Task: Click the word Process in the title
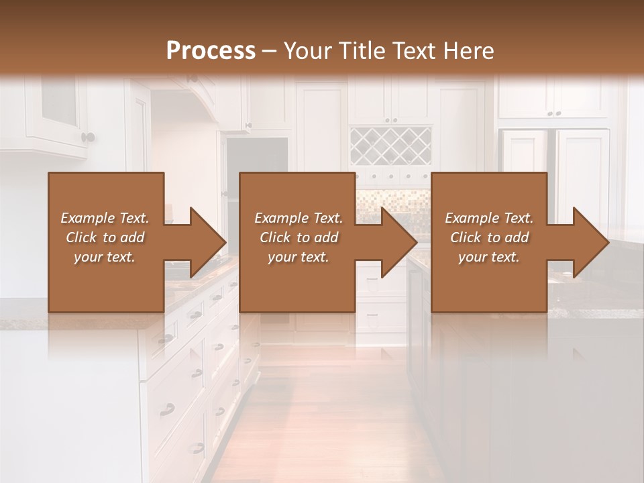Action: [211, 51]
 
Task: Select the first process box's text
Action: [105, 237]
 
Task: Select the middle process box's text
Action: [298, 237]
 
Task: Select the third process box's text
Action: [488, 237]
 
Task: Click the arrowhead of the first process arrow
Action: [207, 242]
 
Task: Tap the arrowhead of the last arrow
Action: [590, 242]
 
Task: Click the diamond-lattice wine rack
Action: [390, 146]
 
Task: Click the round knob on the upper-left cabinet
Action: [88, 138]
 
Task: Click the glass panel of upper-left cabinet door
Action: [59, 101]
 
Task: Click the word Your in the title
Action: [306, 51]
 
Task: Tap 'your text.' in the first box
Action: [105, 257]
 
